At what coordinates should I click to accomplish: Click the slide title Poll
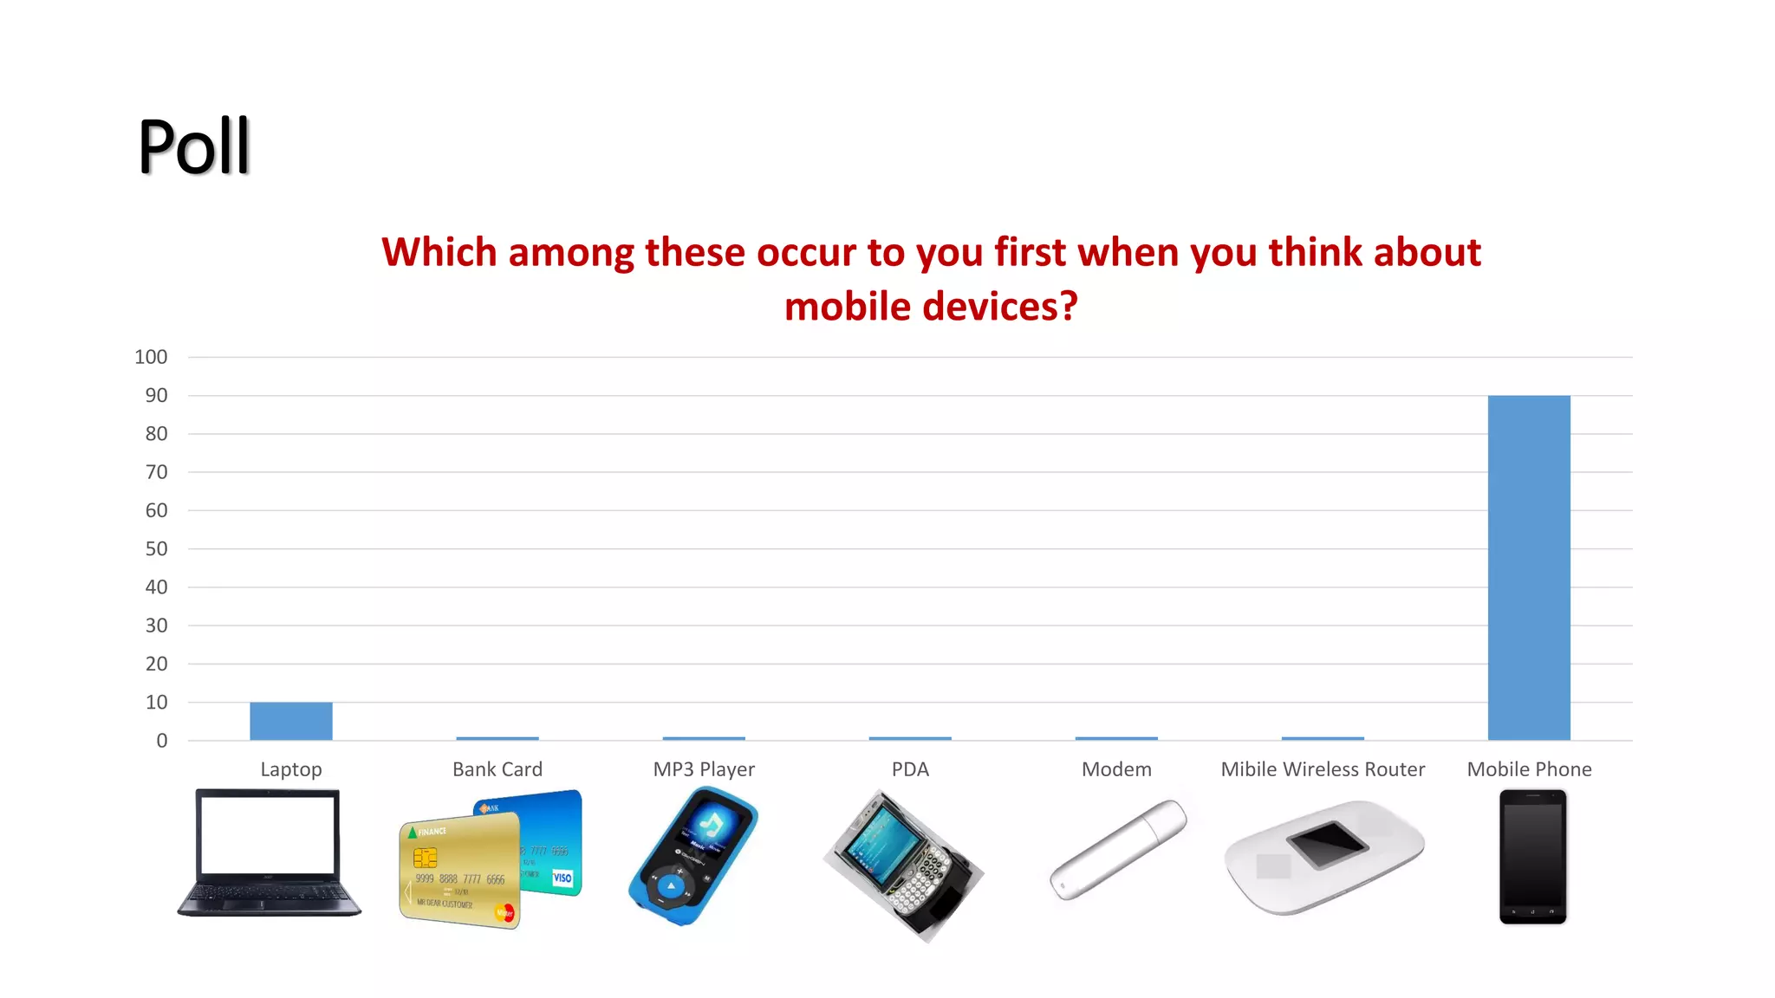click(x=194, y=146)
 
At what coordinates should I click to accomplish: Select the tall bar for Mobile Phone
click(x=1528, y=567)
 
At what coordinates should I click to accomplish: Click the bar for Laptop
click(x=290, y=721)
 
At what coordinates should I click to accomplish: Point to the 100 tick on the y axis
click(x=151, y=357)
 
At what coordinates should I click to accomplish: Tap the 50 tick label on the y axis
click(x=156, y=548)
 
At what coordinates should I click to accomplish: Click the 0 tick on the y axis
click(x=161, y=741)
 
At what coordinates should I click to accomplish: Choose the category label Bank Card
click(x=497, y=769)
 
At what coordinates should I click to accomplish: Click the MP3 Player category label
click(x=703, y=769)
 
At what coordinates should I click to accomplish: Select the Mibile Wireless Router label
click(x=1322, y=769)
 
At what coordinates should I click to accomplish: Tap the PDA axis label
click(x=910, y=769)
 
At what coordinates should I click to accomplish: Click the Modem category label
click(x=1116, y=769)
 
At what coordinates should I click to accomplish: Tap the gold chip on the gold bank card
click(x=425, y=858)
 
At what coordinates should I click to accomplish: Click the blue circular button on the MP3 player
click(x=670, y=886)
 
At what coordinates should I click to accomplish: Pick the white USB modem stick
click(x=1118, y=849)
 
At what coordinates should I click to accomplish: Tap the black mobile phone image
click(x=1532, y=856)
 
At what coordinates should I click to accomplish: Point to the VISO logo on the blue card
click(x=562, y=878)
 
